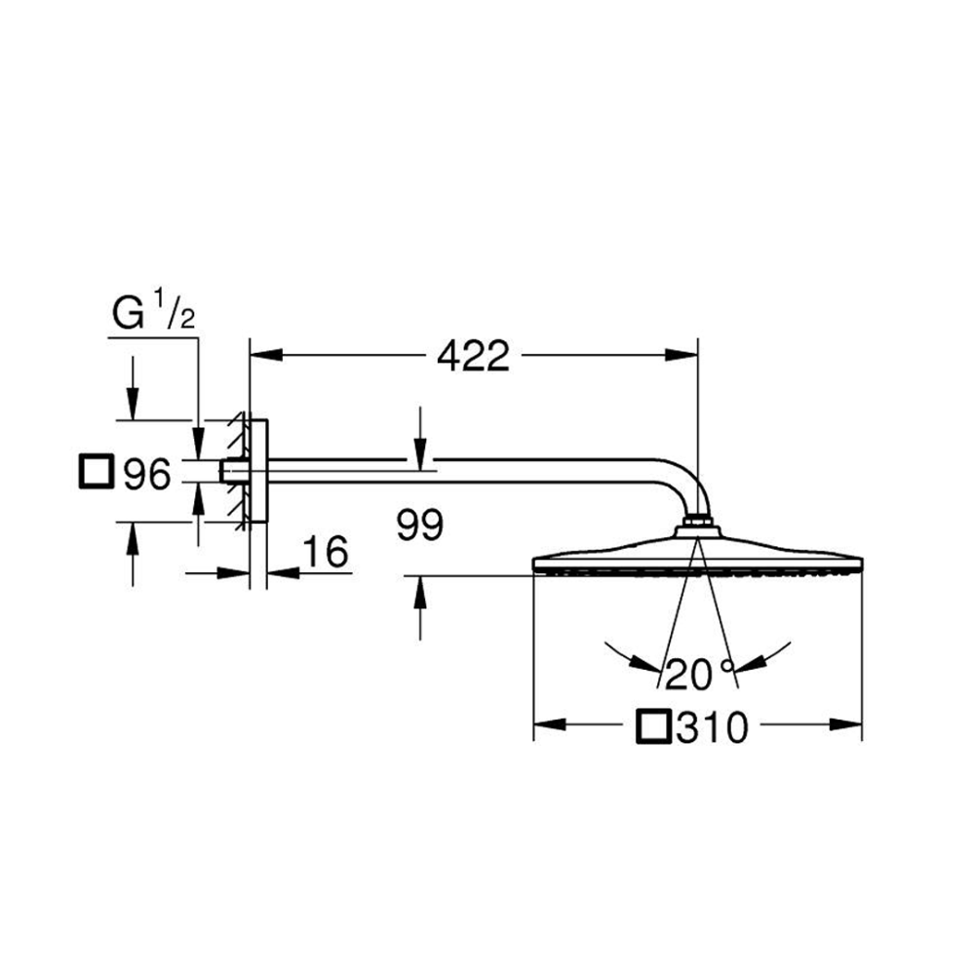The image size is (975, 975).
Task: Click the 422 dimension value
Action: (x=473, y=356)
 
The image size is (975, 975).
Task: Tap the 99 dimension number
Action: (x=420, y=525)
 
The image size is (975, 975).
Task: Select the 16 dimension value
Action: (x=326, y=552)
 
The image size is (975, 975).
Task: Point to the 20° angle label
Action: (x=700, y=674)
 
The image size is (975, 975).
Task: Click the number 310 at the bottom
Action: (x=713, y=727)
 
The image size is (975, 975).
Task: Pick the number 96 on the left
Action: (x=147, y=475)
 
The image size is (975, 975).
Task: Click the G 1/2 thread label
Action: (x=154, y=312)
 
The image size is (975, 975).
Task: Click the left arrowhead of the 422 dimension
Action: (x=266, y=355)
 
